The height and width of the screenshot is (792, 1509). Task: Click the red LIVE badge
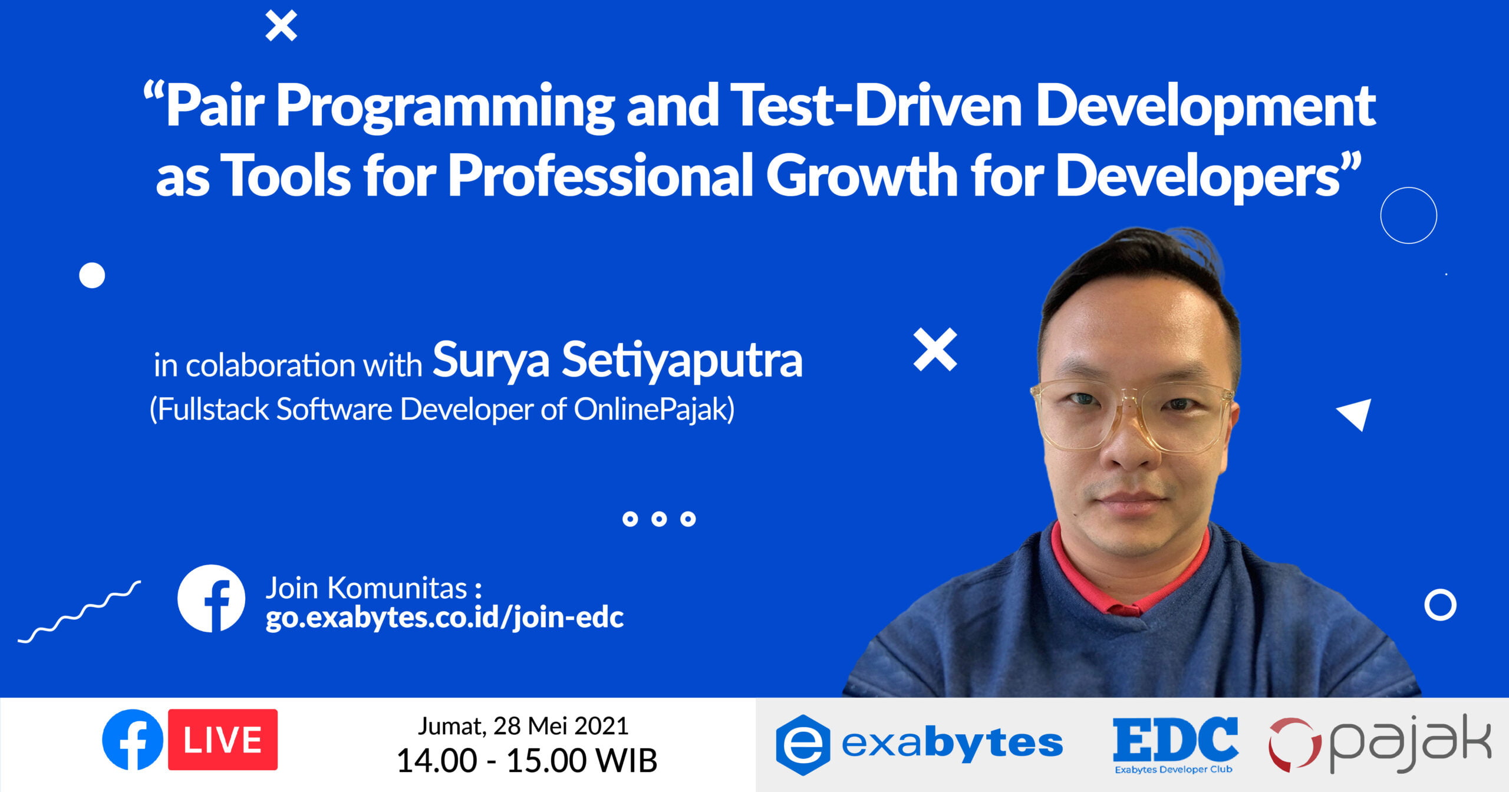coord(222,740)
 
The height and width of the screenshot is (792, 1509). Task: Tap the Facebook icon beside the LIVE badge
coord(133,740)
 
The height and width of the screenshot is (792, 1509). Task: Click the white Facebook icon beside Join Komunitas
coord(211,598)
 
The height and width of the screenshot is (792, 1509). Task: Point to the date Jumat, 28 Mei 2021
coord(523,726)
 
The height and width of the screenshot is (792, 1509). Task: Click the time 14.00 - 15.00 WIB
coord(526,760)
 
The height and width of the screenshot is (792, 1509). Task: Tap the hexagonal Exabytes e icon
coord(803,744)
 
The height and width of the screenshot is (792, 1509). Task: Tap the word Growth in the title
coord(861,176)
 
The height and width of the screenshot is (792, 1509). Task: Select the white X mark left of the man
coord(935,350)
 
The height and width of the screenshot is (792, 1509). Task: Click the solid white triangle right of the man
coord(1356,413)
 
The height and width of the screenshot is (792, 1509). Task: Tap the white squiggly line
coord(79,612)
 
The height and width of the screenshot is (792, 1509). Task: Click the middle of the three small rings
coord(659,519)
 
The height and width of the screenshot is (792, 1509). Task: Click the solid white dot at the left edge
coord(92,275)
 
